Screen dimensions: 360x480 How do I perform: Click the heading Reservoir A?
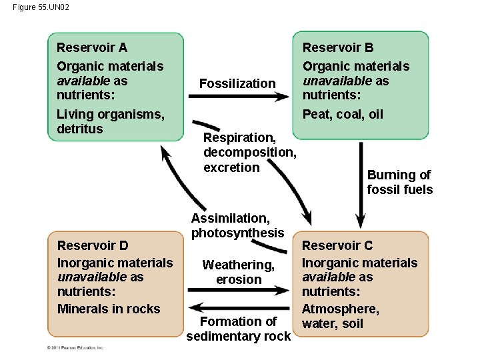pyautogui.click(x=92, y=47)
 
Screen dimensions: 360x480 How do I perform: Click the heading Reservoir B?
pyautogui.click(x=338, y=47)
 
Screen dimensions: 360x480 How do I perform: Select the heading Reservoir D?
pyautogui.click(x=93, y=245)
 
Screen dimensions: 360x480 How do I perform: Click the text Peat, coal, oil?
pyautogui.click(x=343, y=114)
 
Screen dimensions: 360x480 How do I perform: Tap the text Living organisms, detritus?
pyautogui.click(x=111, y=121)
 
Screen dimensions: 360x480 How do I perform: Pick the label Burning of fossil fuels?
pyautogui.click(x=399, y=182)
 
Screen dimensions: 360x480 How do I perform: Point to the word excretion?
pyautogui.click(x=232, y=167)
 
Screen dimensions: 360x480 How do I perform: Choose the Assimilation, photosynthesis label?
pyautogui.click(x=238, y=225)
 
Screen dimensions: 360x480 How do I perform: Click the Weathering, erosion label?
pyautogui.click(x=239, y=272)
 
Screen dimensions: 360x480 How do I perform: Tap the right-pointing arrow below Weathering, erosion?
pyautogui.click(x=239, y=289)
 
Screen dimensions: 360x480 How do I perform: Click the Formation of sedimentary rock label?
pyautogui.click(x=239, y=329)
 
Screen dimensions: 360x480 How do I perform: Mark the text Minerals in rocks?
pyautogui.click(x=109, y=309)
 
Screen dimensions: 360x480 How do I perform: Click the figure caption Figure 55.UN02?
pyautogui.click(x=41, y=7)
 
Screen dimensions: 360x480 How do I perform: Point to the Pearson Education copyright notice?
pyautogui.click(x=75, y=348)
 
